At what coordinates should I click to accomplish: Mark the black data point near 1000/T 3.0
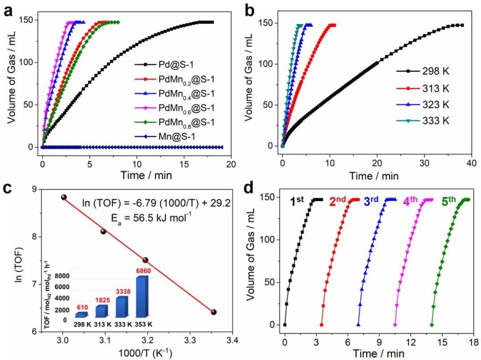point(64,197)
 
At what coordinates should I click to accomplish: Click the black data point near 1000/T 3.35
point(214,312)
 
